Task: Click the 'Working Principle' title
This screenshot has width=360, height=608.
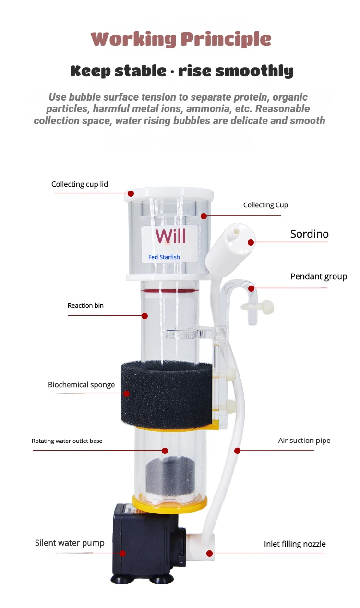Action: (x=180, y=39)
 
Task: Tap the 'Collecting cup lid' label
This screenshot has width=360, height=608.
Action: (x=80, y=184)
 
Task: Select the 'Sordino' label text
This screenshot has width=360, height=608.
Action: (x=309, y=234)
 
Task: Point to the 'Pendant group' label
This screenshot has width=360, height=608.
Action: (x=318, y=277)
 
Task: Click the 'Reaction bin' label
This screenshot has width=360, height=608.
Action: (x=85, y=306)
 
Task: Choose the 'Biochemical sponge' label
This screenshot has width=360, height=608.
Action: (x=81, y=385)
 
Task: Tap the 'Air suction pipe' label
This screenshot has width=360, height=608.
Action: (x=304, y=441)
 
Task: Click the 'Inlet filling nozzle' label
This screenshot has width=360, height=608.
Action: (x=295, y=544)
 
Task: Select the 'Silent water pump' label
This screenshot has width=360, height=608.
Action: (x=70, y=543)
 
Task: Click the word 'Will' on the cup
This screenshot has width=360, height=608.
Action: (x=170, y=236)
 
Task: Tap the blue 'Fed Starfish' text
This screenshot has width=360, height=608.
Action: (x=164, y=257)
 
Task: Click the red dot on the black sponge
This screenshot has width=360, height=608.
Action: (x=127, y=393)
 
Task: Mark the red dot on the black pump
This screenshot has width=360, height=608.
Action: (x=123, y=553)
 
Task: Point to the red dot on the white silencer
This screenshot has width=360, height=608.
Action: (x=251, y=242)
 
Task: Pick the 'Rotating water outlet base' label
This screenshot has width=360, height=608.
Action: (x=67, y=441)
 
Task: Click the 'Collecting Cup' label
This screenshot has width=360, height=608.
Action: (x=265, y=205)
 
